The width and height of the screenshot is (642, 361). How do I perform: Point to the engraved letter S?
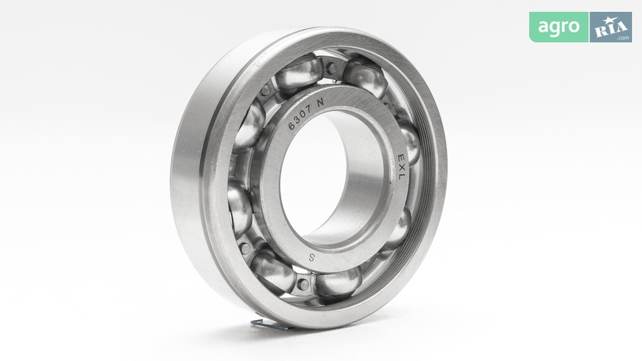tap(312, 258)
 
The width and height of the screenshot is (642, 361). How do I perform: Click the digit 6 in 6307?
tap(292, 126)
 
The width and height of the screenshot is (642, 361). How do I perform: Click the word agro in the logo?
tap(558, 27)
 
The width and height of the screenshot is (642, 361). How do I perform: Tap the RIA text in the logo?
tap(611, 29)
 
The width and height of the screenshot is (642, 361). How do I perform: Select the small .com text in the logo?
tap(623, 38)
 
